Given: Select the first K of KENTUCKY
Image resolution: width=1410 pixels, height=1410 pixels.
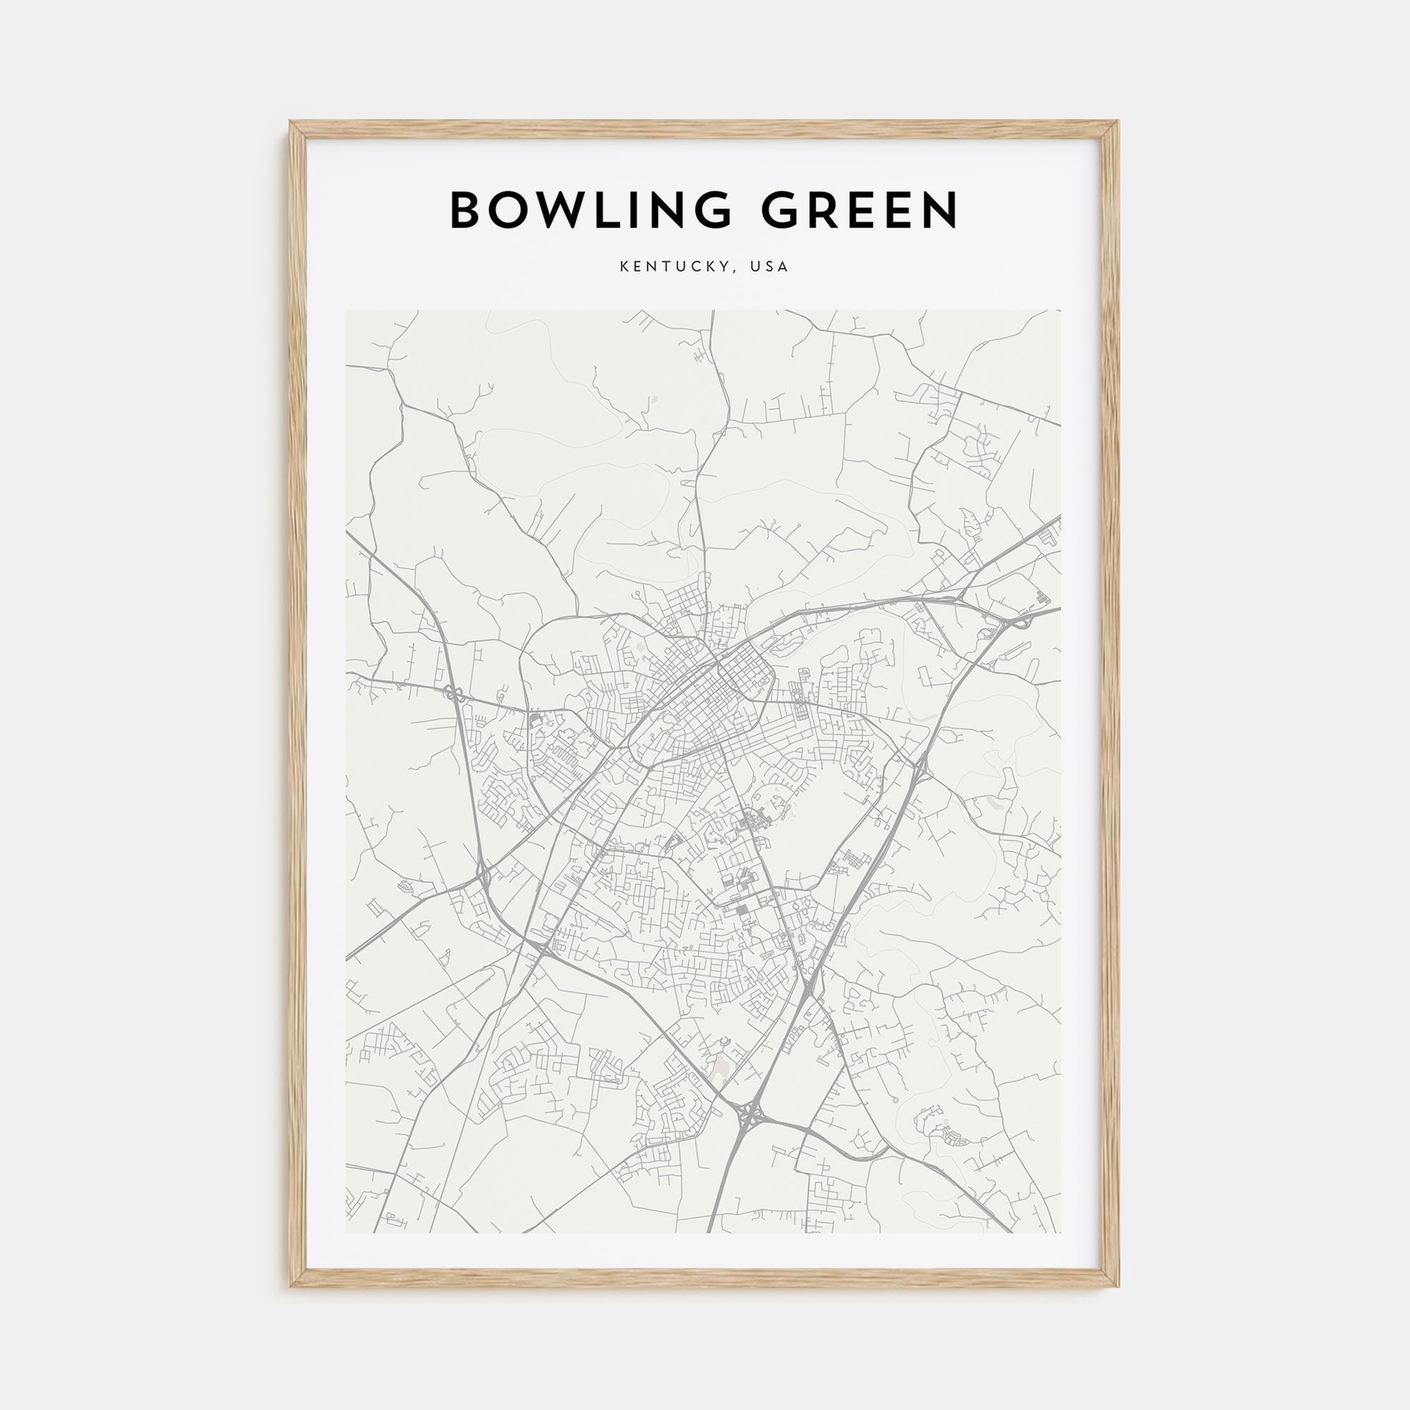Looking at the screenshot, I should (x=625, y=267).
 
